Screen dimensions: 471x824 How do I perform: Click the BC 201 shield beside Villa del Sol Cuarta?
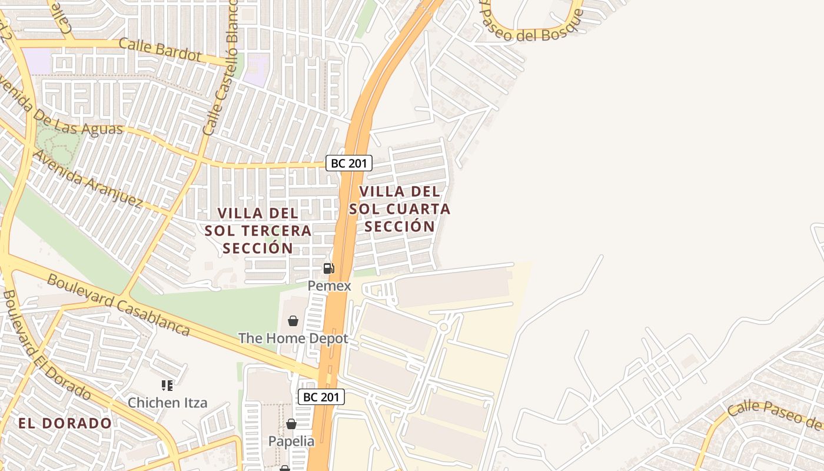click(x=349, y=163)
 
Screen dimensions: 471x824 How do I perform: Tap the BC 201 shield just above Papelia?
click(x=321, y=397)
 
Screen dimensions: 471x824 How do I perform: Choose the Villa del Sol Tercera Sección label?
click(x=258, y=230)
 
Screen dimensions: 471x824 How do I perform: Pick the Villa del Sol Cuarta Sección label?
click(x=400, y=208)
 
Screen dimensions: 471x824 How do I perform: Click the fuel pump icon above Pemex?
click(x=328, y=268)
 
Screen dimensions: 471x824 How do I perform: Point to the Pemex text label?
click(x=330, y=286)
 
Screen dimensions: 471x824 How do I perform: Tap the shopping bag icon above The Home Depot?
click(x=293, y=321)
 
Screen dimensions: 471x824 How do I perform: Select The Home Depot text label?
click(x=293, y=339)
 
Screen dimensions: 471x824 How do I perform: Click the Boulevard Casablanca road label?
click(x=118, y=304)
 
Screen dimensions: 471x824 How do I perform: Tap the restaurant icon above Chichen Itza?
click(x=167, y=386)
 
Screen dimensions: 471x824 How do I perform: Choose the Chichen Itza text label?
click(x=168, y=403)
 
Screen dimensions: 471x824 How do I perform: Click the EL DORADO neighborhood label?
click(x=65, y=423)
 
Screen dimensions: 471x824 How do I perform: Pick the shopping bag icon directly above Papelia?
click(x=291, y=424)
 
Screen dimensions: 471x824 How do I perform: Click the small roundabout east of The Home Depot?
click(x=444, y=326)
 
